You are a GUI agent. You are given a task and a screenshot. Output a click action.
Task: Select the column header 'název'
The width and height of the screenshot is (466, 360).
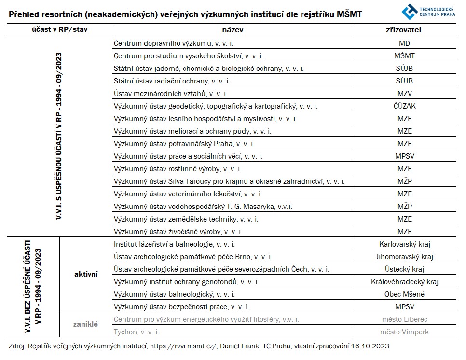tap(233, 29)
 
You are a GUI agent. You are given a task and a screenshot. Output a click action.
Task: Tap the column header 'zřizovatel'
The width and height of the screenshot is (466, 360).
tap(404, 29)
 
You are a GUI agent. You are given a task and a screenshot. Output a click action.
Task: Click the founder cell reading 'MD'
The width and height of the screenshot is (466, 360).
tap(404, 43)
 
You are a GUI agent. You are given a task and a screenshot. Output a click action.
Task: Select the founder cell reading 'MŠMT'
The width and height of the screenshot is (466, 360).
tap(404, 56)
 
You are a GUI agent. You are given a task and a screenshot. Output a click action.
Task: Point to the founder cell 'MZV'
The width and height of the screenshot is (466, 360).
tap(404, 94)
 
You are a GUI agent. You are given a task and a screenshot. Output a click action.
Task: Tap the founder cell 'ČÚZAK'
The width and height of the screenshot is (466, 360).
tap(404, 106)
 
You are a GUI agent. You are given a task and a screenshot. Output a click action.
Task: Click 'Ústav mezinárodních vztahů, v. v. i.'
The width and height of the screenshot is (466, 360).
tap(170, 94)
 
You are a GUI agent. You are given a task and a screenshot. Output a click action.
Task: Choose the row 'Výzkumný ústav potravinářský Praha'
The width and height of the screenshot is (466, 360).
tap(184, 144)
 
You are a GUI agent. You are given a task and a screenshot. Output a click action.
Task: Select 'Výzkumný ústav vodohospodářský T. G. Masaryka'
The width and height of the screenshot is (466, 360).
tap(196, 207)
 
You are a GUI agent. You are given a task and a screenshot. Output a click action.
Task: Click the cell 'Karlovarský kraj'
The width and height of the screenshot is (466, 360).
tap(404, 244)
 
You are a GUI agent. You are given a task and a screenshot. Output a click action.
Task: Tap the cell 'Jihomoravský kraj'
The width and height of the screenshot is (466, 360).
tap(404, 257)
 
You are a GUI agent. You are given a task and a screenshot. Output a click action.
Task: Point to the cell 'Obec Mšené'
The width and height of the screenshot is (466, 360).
tap(404, 294)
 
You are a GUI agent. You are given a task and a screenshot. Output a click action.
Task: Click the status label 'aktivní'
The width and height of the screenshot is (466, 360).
tap(86, 274)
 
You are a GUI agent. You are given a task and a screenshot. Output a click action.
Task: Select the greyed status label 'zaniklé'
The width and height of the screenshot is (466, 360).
tap(86, 324)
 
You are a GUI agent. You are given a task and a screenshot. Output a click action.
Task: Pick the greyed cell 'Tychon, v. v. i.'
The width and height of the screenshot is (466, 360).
tap(137, 332)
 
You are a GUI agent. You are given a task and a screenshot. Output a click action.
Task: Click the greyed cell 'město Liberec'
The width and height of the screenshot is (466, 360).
tap(404, 319)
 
